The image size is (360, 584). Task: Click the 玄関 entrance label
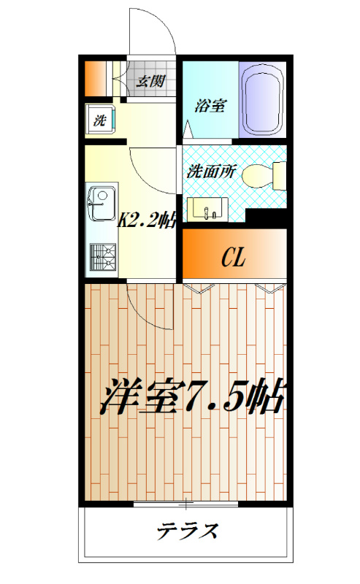[x=152, y=80]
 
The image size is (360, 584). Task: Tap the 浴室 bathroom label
[x=209, y=106]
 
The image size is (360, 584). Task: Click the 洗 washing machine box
[x=99, y=119]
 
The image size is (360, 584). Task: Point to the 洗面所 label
[x=211, y=173]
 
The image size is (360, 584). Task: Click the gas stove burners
[x=102, y=256]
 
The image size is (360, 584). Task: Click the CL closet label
[x=233, y=257]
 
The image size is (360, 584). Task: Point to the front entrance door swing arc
[x=153, y=29]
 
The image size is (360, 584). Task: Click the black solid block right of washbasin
[x=266, y=216]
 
